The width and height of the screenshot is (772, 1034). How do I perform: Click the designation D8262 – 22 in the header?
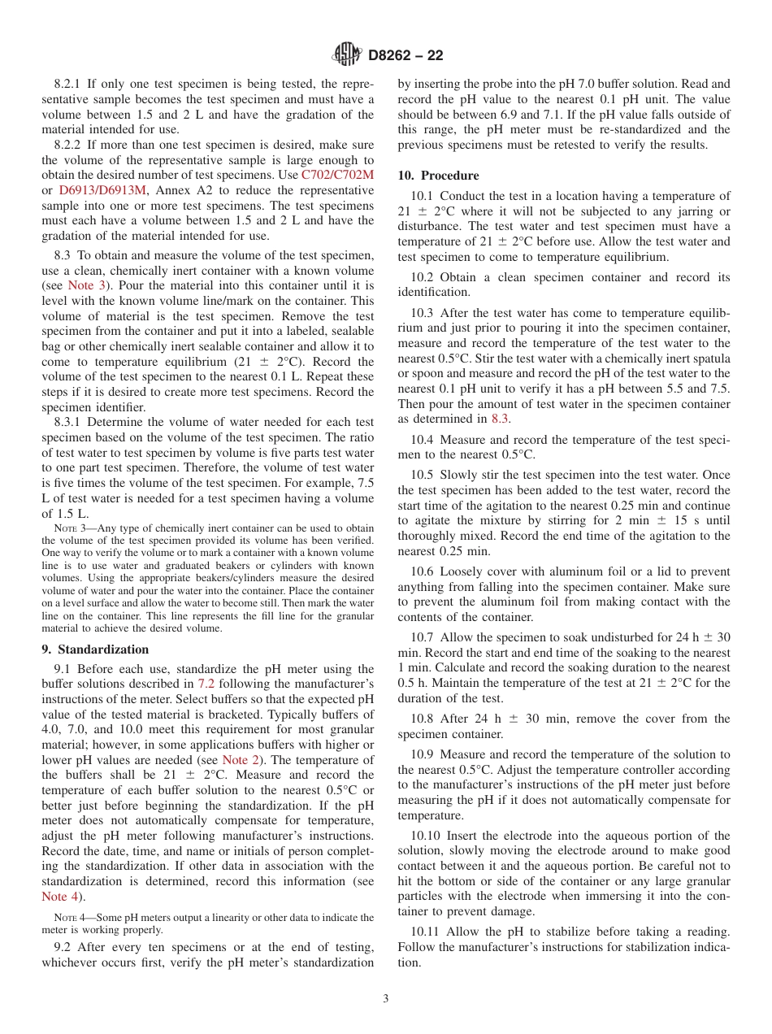tap(406, 56)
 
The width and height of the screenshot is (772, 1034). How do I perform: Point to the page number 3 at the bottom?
tap(386, 999)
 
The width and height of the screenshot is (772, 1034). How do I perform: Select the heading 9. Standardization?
tap(95, 650)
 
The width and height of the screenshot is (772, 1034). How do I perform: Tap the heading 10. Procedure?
tap(438, 176)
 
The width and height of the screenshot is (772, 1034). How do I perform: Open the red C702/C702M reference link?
tap(337, 175)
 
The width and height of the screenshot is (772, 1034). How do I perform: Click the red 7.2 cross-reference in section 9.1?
tap(206, 684)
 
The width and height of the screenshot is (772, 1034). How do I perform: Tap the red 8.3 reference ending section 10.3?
tap(500, 419)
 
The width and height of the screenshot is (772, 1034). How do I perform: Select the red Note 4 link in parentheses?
tap(63, 897)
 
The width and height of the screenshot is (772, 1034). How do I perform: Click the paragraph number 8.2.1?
tap(70, 84)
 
